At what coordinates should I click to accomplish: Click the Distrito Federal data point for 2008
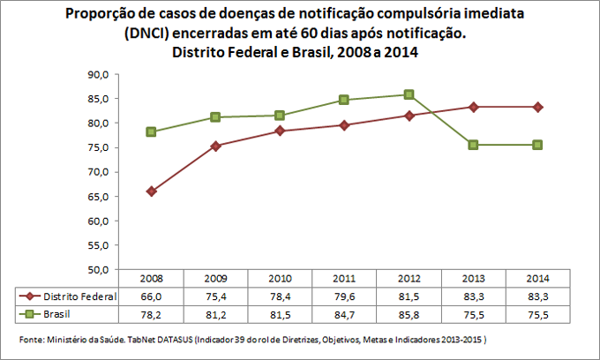(x=152, y=191)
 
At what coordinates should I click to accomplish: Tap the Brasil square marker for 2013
(x=474, y=145)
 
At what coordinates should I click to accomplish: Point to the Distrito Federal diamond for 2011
(x=345, y=124)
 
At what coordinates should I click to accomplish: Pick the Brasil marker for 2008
(x=152, y=131)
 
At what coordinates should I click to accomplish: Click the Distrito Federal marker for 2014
(x=538, y=107)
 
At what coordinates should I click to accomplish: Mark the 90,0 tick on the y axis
(x=94, y=75)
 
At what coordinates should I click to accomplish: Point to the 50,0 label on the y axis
(x=94, y=269)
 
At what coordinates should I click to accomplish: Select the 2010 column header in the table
(x=281, y=279)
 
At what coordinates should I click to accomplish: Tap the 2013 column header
(x=474, y=279)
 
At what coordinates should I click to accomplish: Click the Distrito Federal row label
(x=80, y=296)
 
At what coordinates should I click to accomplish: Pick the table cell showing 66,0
(x=152, y=296)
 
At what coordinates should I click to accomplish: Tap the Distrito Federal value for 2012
(x=409, y=296)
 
